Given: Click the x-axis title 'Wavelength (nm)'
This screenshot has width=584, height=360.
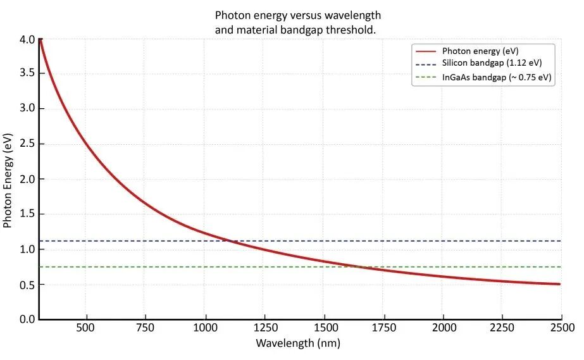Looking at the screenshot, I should (x=298, y=344).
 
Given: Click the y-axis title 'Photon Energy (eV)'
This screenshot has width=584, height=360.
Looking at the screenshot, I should (x=8, y=180).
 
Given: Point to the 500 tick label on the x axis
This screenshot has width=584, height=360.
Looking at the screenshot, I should (x=86, y=328).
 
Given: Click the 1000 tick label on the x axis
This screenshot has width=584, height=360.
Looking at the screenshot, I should (x=205, y=328).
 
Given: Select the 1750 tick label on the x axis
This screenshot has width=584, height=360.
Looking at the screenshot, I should (x=384, y=328).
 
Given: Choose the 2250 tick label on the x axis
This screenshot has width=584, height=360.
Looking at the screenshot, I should (x=503, y=328).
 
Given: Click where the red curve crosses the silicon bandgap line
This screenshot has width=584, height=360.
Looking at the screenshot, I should (x=230, y=241).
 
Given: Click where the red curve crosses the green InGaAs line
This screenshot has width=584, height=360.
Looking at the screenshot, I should (x=361, y=267).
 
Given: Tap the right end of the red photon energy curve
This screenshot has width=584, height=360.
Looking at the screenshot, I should (x=560, y=284).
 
